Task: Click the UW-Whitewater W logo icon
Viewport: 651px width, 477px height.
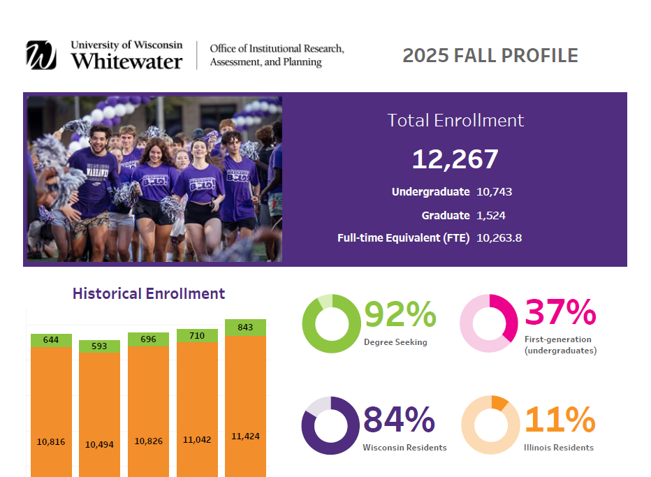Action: pos(41,55)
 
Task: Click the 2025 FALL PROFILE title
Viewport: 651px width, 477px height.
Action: pos(490,56)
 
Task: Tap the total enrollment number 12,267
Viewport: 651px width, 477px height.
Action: pos(455,159)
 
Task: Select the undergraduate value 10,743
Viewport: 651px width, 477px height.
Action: pos(495,191)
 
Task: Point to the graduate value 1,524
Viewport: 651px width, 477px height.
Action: pos(490,215)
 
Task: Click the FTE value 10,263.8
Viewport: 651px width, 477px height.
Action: pos(499,238)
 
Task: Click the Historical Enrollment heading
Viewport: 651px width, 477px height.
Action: pos(149,293)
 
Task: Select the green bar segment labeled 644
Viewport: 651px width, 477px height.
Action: pos(51,340)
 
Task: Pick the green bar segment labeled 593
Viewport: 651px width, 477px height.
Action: pos(100,346)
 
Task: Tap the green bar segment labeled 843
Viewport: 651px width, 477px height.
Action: pos(246,328)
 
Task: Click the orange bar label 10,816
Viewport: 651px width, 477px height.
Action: pos(51,441)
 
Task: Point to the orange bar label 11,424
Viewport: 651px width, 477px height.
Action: pos(246,436)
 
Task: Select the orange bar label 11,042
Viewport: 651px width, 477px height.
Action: pos(197,440)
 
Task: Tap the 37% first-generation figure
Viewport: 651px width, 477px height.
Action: pos(559,313)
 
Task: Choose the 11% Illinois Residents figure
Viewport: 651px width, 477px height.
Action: pos(559,420)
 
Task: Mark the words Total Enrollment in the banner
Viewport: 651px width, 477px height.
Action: pos(455,120)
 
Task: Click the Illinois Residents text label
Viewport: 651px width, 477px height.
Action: pos(559,448)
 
